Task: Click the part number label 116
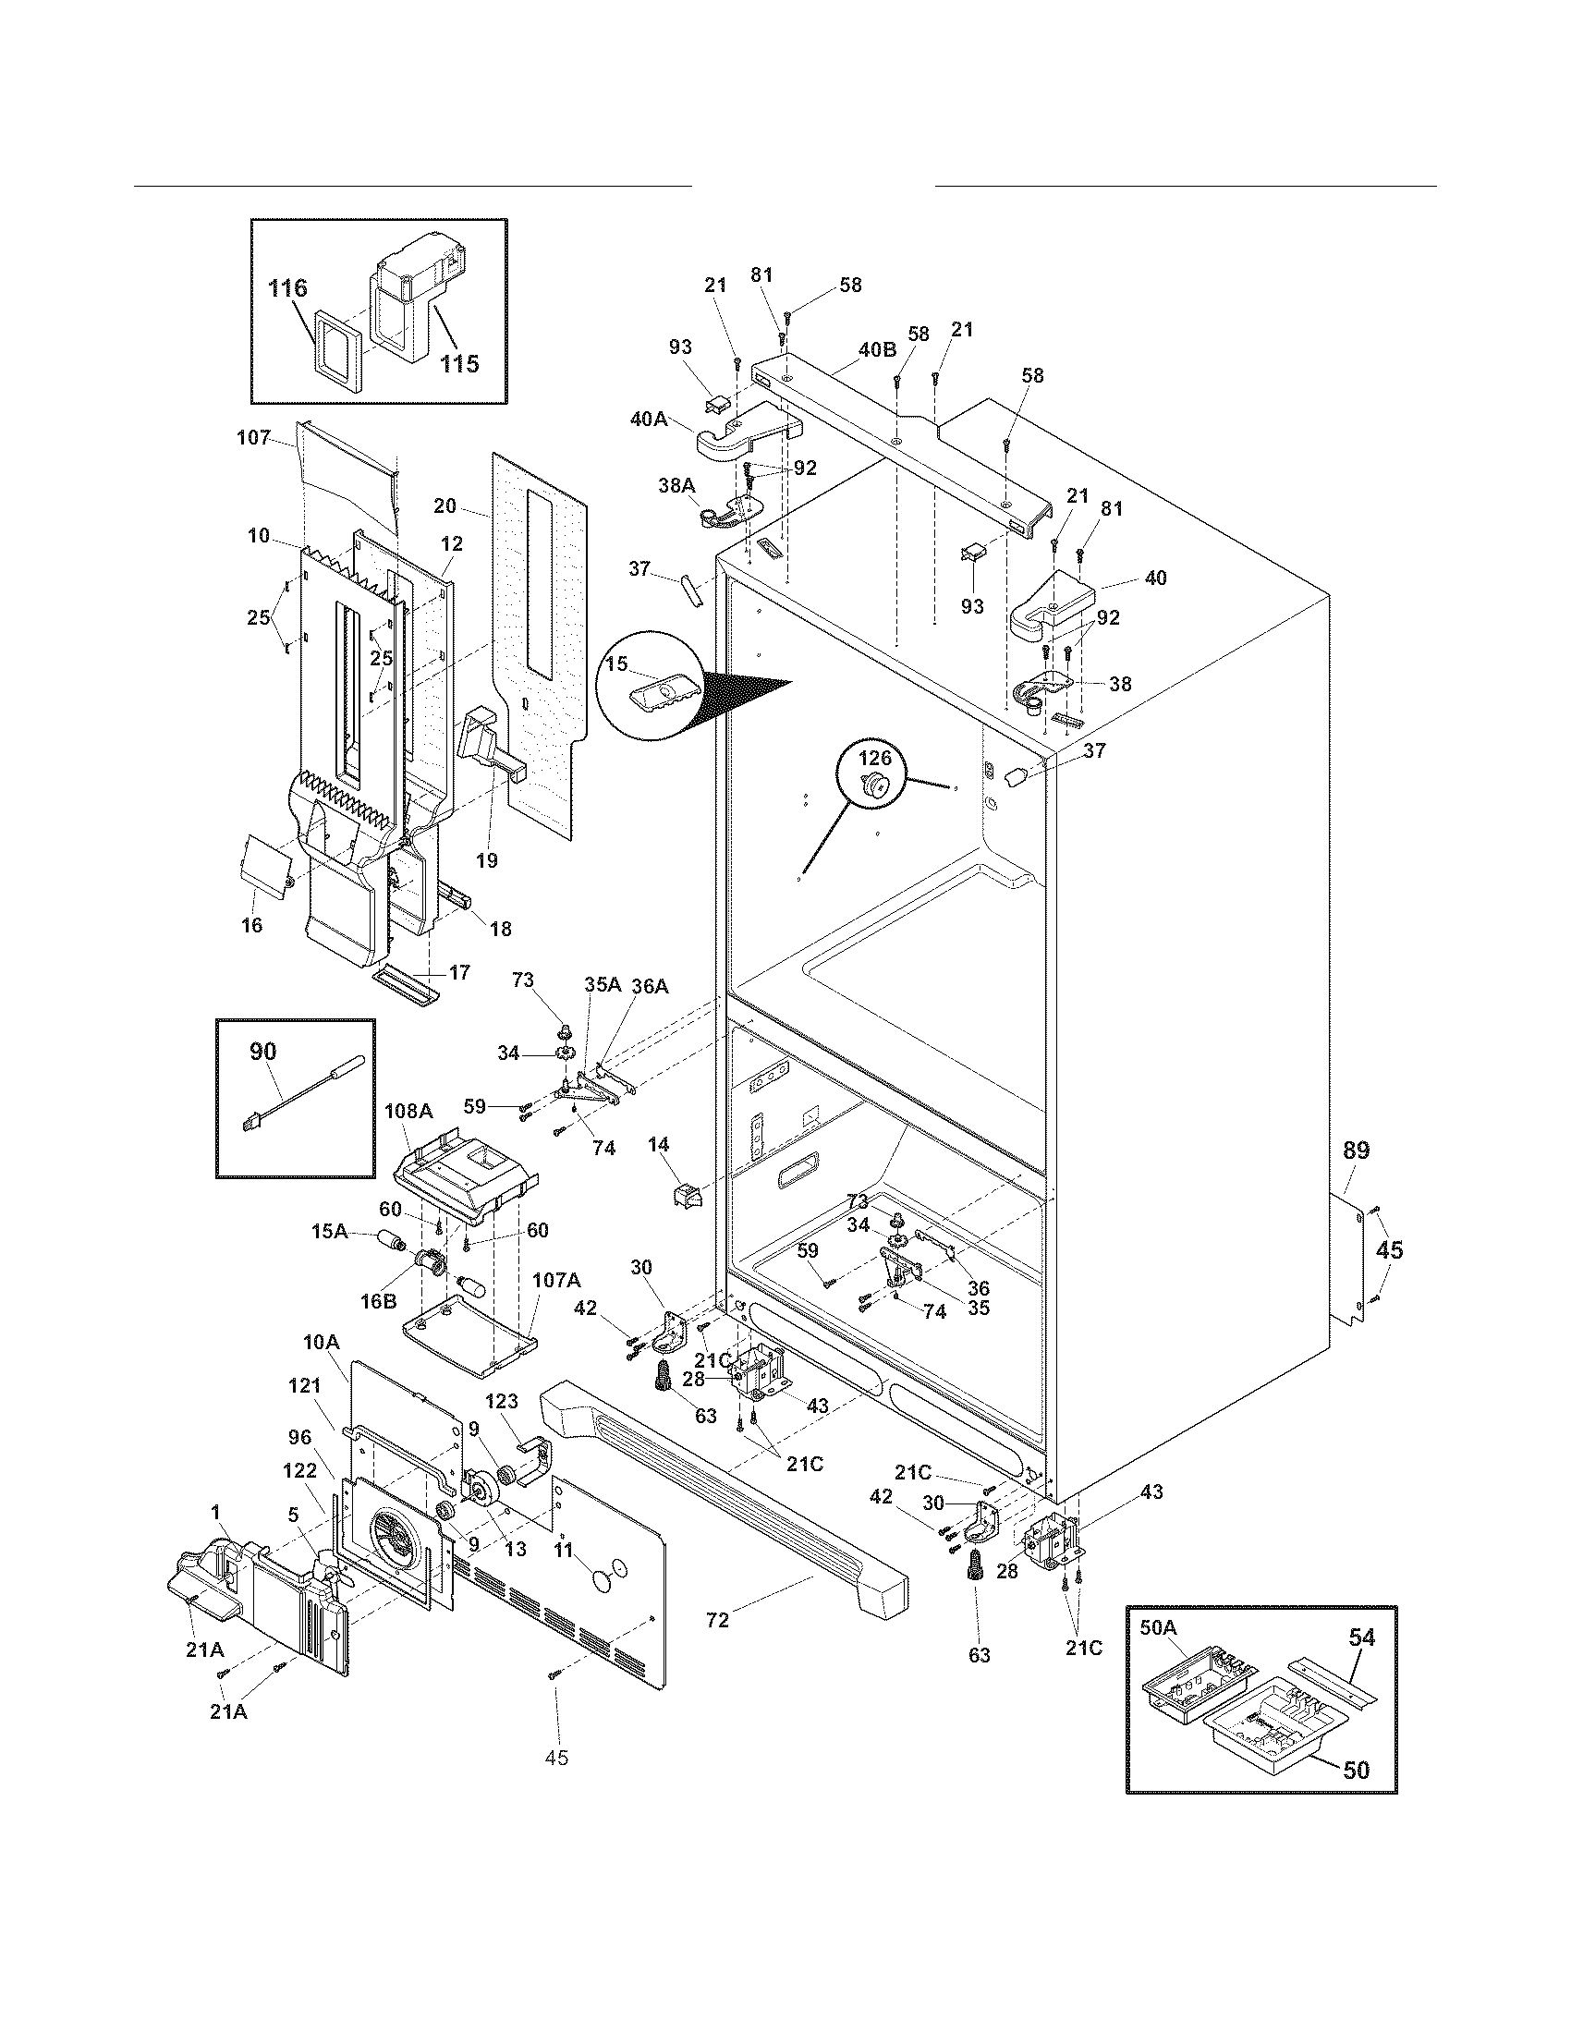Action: pyautogui.click(x=287, y=288)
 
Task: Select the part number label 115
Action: pyautogui.click(x=459, y=363)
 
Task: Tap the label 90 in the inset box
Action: pyautogui.click(x=263, y=1052)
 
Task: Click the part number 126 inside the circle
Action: pyautogui.click(x=874, y=759)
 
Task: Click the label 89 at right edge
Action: pyautogui.click(x=1356, y=1150)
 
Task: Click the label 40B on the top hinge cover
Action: pyautogui.click(x=877, y=350)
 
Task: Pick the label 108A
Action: pyautogui.click(x=408, y=1111)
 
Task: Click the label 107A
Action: pyautogui.click(x=555, y=1280)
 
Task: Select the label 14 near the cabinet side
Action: pyautogui.click(x=659, y=1145)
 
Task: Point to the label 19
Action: pyautogui.click(x=486, y=860)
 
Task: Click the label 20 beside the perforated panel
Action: pyautogui.click(x=445, y=505)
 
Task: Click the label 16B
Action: pyautogui.click(x=378, y=1301)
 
